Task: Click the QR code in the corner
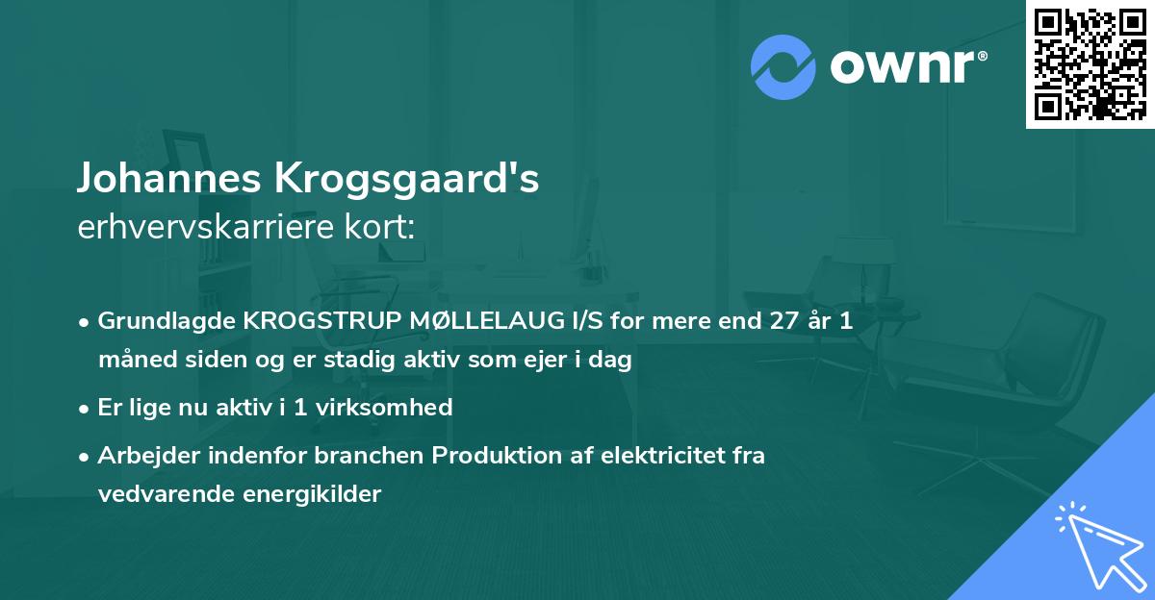tap(1090, 63)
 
